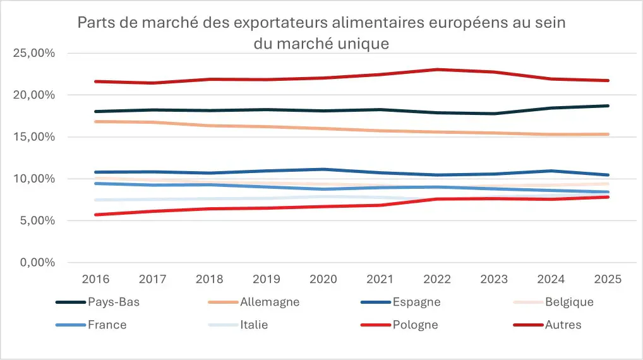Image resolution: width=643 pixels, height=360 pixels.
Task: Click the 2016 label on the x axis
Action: point(94,279)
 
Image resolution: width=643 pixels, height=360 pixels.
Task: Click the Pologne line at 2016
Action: point(94,215)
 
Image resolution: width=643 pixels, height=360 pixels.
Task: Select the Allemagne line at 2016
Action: point(94,121)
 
